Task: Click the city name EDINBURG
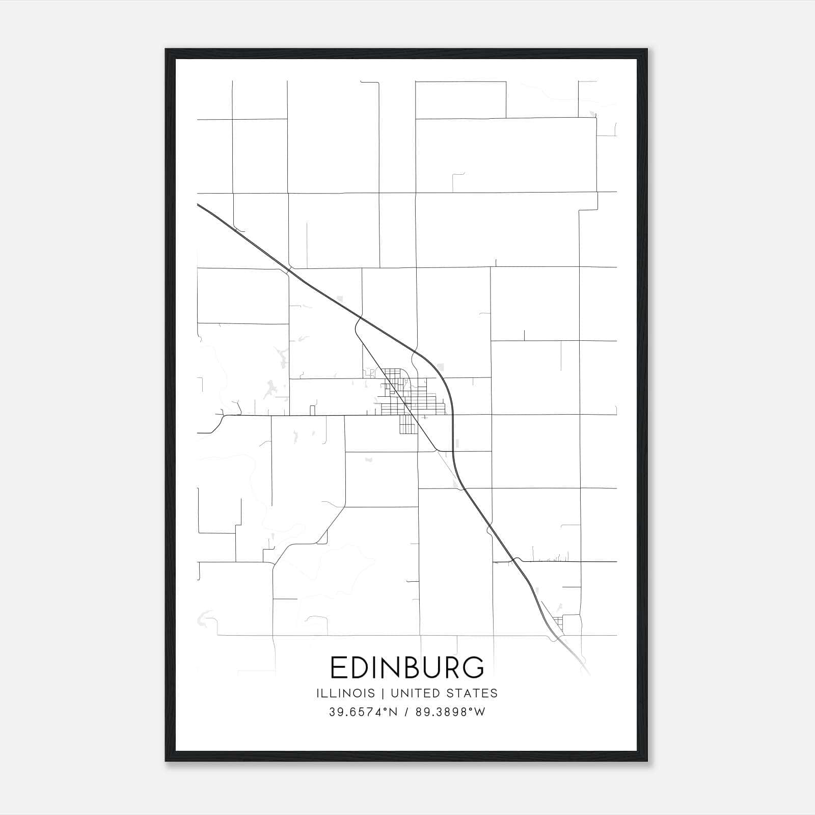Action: [x=407, y=667]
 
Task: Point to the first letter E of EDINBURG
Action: [x=338, y=667]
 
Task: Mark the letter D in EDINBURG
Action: [x=358, y=667]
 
